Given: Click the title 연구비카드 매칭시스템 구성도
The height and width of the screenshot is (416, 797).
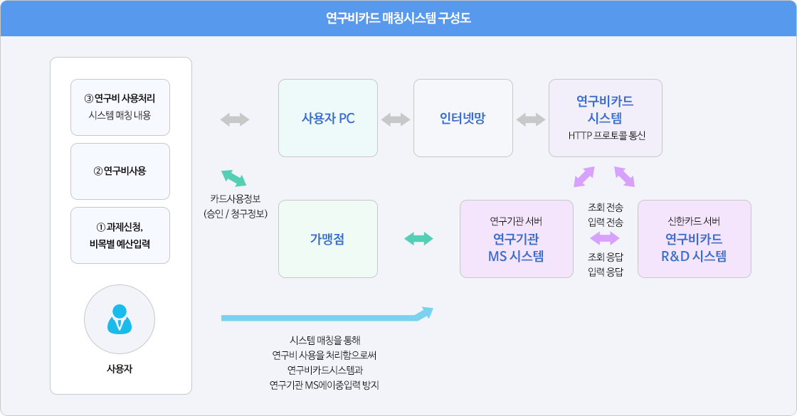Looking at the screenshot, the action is pos(398,18).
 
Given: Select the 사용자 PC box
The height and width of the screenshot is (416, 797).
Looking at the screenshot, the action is pos(328,118).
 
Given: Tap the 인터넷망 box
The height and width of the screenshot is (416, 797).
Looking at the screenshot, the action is pos(463,118).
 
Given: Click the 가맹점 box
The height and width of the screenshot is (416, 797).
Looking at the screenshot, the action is pos(328,239).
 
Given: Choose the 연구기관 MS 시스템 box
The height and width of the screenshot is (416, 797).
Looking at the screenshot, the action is pos(517,239).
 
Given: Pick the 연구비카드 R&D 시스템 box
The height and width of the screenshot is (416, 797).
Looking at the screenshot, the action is pos(695,239).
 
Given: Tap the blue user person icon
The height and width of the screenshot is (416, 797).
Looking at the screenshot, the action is pos(120,319).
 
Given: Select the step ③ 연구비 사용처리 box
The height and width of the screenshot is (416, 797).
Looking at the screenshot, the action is pos(120,107).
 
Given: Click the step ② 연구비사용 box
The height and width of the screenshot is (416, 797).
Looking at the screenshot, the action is pos(120,171).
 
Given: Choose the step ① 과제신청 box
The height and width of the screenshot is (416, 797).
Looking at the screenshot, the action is pos(120,235).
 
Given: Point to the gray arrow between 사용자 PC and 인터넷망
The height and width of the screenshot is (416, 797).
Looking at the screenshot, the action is pos(396,120).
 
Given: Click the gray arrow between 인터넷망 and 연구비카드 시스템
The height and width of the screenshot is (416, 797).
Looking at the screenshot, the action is pos(531,120).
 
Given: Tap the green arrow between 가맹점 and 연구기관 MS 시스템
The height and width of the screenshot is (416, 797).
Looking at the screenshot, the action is pos(419,238).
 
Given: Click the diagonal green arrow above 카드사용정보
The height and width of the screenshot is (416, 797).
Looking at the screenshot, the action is pos(234,178).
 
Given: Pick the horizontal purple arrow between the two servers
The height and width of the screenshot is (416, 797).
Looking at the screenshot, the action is pos(605,238).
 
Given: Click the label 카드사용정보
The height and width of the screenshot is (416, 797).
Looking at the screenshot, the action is pos(236,198).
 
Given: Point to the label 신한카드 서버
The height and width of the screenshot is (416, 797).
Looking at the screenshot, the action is pos(694,221).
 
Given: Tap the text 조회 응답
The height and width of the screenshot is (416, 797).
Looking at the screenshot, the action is pos(606,257).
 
